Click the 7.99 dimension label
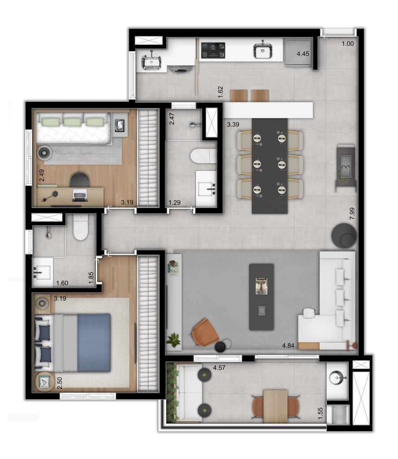pyautogui.click(x=352, y=214)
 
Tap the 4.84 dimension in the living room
pyautogui.click(x=288, y=346)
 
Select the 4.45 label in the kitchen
pyautogui.click(x=303, y=54)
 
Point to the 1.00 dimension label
pyautogui.click(x=348, y=43)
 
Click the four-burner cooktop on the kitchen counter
pyautogui.click(x=213, y=50)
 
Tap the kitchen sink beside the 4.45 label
pyautogui.click(x=263, y=50)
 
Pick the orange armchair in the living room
pyautogui.click(x=205, y=332)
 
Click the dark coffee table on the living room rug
pyautogui.click(x=261, y=297)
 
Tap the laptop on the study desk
pyautogui.click(x=80, y=195)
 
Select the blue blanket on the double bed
pyautogui.click(x=94, y=343)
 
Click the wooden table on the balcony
pyautogui.click(x=275, y=406)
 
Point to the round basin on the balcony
pyautogui.click(x=337, y=377)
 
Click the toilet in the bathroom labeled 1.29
pyautogui.click(x=203, y=156)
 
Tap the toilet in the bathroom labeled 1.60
pyautogui.click(x=81, y=227)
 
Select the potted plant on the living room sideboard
pyautogui.click(x=174, y=340)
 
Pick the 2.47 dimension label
pyautogui.click(x=172, y=119)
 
